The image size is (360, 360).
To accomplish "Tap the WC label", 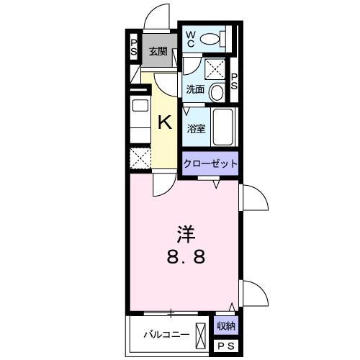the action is click(x=191, y=40).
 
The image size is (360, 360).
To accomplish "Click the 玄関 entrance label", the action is click(x=158, y=51).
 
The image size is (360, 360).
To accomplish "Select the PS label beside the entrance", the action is click(x=134, y=48).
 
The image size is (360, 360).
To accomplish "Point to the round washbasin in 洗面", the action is click(x=217, y=92).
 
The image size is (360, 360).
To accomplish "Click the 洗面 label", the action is click(x=196, y=90).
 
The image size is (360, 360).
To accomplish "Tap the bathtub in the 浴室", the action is click(x=223, y=127).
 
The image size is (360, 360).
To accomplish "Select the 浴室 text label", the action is click(x=197, y=129).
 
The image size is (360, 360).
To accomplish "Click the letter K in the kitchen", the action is click(x=165, y=122).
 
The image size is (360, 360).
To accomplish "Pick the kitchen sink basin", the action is click(x=140, y=105).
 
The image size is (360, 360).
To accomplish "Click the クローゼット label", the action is click(x=210, y=163).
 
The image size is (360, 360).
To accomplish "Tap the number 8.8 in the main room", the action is click(x=186, y=256).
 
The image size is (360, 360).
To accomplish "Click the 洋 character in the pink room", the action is click(x=186, y=234).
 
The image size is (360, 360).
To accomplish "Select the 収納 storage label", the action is click(x=226, y=325).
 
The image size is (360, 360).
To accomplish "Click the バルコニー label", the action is click(x=166, y=334).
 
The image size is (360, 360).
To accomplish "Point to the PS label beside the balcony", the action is click(x=226, y=346).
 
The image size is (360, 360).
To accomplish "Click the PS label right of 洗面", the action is click(x=234, y=81).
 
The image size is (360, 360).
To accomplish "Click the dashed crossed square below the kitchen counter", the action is click(x=140, y=158).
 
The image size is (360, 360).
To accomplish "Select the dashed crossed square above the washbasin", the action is click(x=215, y=69).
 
